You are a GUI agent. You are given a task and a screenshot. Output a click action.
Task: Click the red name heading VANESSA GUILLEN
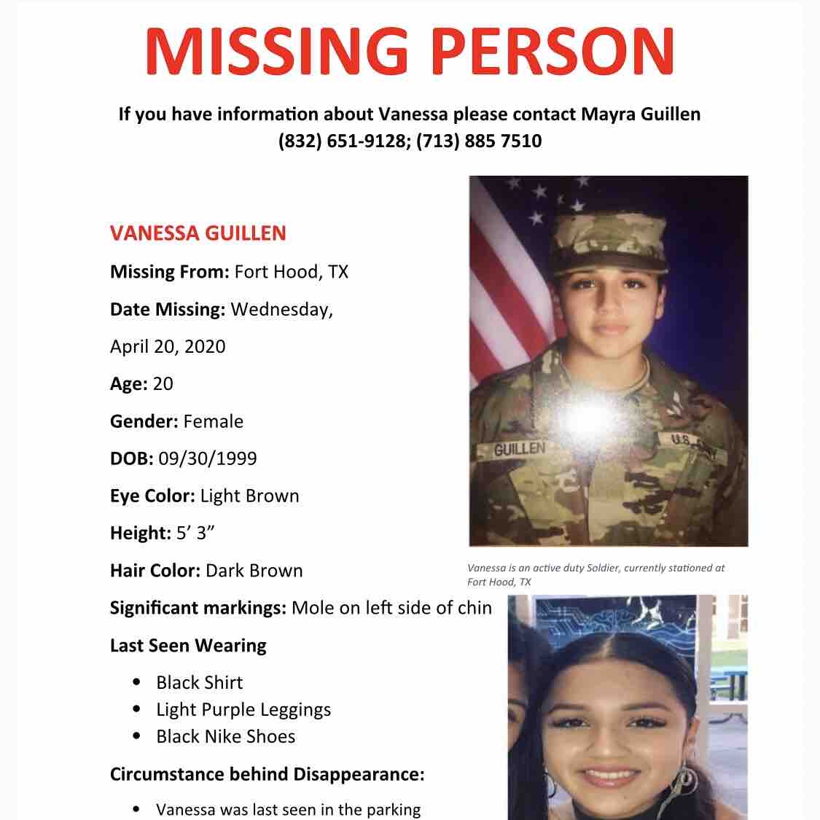[x=198, y=233]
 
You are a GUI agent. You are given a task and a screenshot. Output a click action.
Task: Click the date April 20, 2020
[x=168, y=346]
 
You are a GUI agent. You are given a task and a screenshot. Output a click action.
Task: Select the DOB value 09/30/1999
[x=207, y=458]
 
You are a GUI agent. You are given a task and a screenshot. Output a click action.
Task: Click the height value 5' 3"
[x=195, y=534]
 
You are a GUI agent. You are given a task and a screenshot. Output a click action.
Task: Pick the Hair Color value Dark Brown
[x=254, y=571]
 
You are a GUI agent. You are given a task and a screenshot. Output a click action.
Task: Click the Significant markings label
[x=198, y=608]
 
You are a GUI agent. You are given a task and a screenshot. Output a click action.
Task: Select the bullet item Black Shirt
[x=199, y=683]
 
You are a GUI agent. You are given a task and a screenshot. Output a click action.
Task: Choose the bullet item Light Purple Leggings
[x=243, y=710]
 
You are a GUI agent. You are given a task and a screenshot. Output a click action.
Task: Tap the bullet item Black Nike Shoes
[x=225, y=736]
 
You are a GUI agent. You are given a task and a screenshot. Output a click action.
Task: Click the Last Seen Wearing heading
[x=188, y=646]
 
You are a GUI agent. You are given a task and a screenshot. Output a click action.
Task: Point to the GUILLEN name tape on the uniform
[x=519, y=449]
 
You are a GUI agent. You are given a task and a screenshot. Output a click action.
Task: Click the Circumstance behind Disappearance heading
[x=267, y=774]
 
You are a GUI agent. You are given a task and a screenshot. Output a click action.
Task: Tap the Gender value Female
[x=213, y=421]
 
